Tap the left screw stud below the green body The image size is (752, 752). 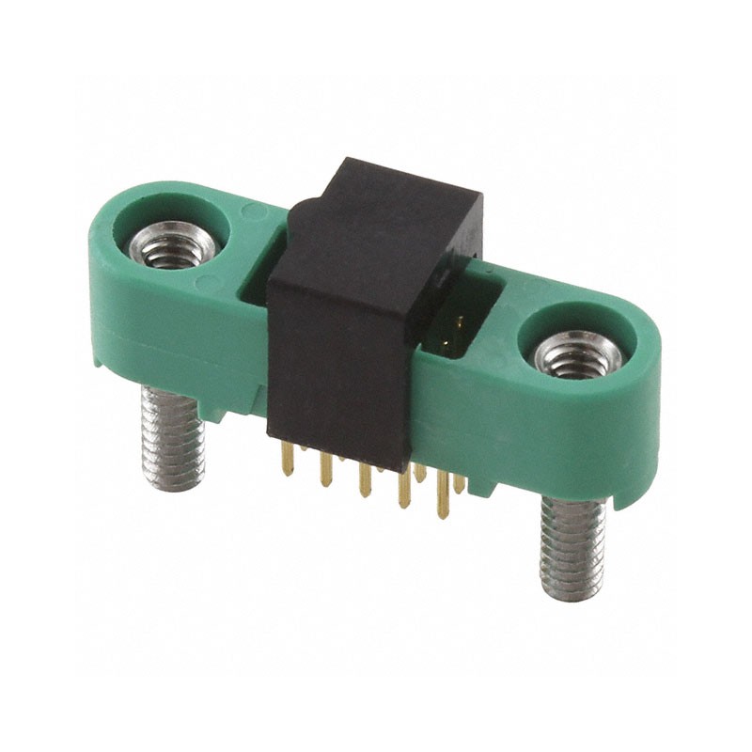point(173,437)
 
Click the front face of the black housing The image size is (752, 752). point(338,367)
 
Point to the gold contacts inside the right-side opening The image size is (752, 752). point(458,329)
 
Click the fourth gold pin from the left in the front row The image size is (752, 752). point(404,489)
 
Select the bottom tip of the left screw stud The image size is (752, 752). point(173,484)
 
